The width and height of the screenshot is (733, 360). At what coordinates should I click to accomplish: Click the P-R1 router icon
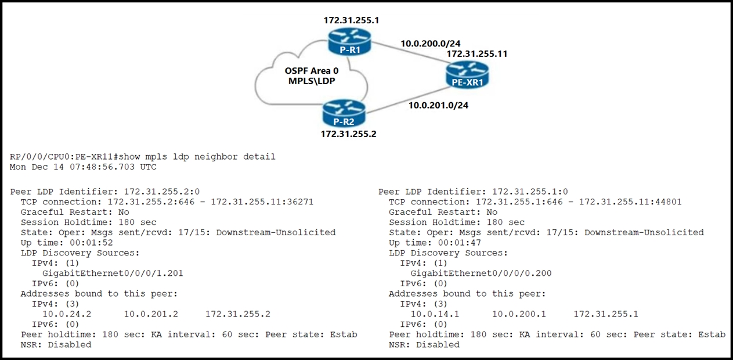point(349,41)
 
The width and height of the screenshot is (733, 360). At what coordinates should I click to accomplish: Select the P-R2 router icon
point(344,113)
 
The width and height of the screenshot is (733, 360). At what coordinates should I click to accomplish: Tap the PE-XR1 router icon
point(467,75)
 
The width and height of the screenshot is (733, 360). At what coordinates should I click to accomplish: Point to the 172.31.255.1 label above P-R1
point(351,20)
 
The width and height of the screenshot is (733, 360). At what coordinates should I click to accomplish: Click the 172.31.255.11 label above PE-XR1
point(477,53)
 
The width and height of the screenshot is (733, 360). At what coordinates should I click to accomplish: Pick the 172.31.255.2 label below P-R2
point(348,134)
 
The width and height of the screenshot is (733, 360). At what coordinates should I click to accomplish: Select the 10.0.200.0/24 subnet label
point(430,43)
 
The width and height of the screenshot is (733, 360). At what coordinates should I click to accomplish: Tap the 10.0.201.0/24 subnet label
point(438,105)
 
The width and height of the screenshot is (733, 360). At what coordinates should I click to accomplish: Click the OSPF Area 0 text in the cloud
point(312,71)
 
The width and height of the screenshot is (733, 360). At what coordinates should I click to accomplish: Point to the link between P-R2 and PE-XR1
point(406,100)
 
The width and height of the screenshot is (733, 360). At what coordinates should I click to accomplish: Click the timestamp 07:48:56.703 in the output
point(102,167)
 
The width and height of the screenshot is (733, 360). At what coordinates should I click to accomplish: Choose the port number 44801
point(668,202)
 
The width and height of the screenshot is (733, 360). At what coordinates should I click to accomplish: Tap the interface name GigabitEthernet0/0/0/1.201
point(113,273)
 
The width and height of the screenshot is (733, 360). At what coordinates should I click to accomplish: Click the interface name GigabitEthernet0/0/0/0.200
point(481,273)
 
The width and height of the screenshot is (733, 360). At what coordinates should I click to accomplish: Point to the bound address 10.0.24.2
point(67,314)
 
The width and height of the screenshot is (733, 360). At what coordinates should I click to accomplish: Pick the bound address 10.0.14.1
point(435,314)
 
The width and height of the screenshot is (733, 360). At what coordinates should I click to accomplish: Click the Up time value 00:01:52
point(91,243)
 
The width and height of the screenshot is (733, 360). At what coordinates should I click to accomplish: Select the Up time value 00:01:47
point(460,243)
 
